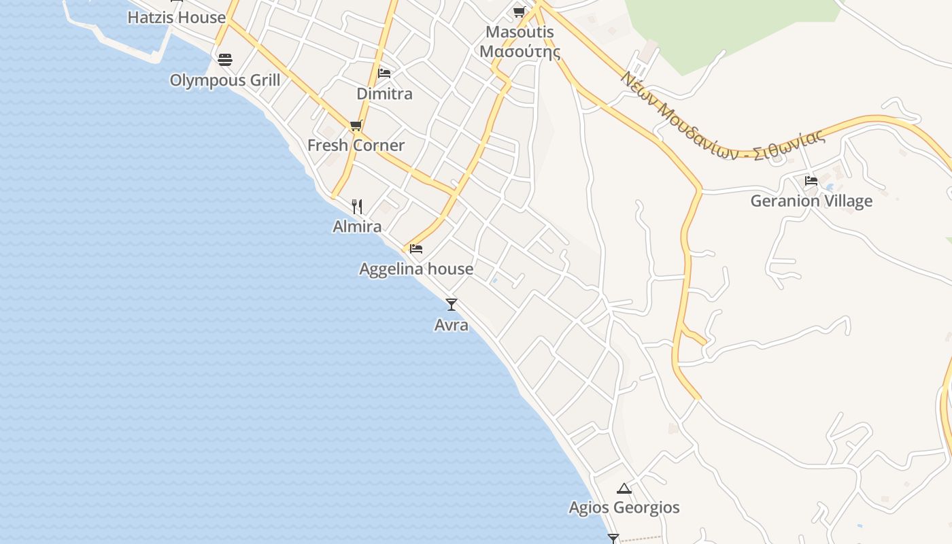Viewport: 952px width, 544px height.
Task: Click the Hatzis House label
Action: [x=176, y=18]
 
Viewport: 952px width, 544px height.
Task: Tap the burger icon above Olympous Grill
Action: [x=225, y=60]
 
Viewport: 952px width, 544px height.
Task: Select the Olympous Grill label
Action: [x=224, y=80]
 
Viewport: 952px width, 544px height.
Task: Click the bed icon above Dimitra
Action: [x=384, y=73]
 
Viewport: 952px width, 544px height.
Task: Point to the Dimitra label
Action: [x=384, y=94]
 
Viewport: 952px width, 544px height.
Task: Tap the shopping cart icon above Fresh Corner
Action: [x=356, y=125]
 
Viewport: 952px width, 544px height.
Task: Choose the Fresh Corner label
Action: [x=356, y=146]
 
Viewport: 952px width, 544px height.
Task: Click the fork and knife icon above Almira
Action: [x=357, y=206]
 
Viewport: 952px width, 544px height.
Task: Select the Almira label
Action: [x=357, y=226]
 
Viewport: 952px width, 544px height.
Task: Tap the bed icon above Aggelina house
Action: [x=416, y=249]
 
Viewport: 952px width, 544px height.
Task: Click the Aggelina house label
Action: [x=416, y=269]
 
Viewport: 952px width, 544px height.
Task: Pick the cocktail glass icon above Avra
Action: [x=452, y=305]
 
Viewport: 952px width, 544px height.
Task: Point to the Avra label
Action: [x=452, y=325]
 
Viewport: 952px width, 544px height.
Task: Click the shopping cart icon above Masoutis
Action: [x=520, y=12]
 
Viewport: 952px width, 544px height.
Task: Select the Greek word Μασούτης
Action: [x=520, y=52]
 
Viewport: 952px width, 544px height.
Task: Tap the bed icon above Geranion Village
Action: [x=811, y=181]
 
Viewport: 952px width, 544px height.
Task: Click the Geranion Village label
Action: [x=811, y=201]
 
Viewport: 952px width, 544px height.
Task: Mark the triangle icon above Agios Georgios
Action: [x=624, y=488]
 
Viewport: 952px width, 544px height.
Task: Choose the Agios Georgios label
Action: [x=624, y=508]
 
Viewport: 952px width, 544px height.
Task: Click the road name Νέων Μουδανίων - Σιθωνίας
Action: [x=722, y=116]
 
